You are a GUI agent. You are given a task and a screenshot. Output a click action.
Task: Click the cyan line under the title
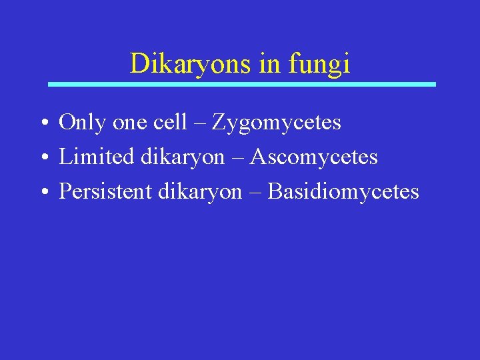[x=242, y=85]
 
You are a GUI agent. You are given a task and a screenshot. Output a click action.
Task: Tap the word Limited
[x=96, y=157]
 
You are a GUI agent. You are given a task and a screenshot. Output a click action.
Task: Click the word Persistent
[x=107, y=192]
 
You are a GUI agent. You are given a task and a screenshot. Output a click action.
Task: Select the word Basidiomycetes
[x=343, y=192]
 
